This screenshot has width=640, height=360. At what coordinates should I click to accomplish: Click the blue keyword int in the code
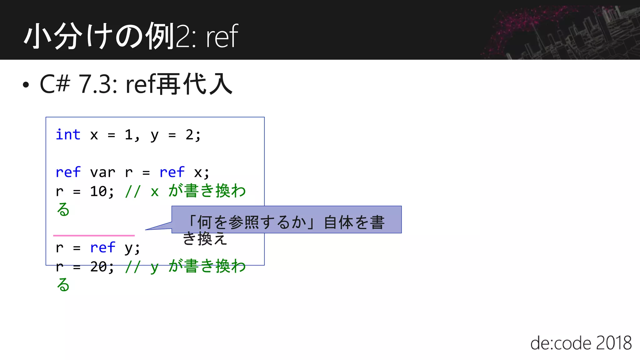68,135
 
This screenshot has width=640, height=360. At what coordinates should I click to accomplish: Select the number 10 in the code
98,191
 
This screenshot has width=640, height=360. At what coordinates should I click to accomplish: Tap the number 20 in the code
98,267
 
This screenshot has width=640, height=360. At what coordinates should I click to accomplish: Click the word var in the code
102,172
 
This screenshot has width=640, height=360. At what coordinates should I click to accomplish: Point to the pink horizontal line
94,235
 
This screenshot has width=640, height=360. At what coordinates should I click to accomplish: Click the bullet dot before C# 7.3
26,85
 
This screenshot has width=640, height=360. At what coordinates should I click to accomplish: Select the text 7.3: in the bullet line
97,84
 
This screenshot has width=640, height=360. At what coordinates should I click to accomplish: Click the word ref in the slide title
222,37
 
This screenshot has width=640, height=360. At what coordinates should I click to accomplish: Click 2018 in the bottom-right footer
614,343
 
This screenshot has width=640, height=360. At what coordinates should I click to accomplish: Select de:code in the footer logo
561,343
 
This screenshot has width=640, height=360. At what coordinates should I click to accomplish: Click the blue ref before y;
102,248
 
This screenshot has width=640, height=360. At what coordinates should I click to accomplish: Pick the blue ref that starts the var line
68,172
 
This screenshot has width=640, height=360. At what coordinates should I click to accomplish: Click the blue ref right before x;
172,172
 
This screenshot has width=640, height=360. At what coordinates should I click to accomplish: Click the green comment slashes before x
133,191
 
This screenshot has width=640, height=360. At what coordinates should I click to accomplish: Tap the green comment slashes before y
133,267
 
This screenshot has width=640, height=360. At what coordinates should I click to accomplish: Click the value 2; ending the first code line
193,135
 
